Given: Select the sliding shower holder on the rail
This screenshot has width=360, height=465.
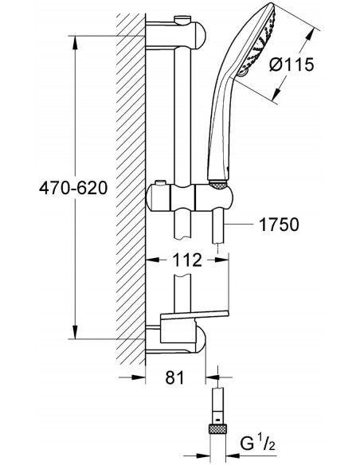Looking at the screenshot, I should click(x=191, y=194).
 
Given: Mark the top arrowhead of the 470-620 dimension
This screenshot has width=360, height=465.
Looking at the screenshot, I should click(x=76, y=37).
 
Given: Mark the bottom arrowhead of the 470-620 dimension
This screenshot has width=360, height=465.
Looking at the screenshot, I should click(x=76, y=338).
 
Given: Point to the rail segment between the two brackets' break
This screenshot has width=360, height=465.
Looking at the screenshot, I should click(x=182, y=119).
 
